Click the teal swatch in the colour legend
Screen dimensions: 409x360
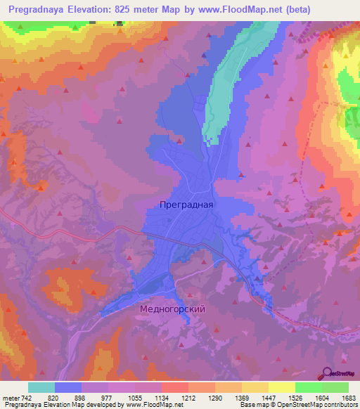(x=41, y=387)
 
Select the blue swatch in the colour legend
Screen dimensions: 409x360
(x=68, y=387)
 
